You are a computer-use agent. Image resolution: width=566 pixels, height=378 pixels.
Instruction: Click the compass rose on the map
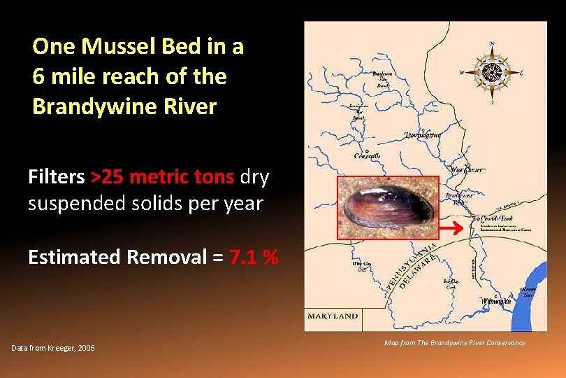coord(493,71)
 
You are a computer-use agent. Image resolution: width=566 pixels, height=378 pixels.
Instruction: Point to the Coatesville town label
coord(368,155)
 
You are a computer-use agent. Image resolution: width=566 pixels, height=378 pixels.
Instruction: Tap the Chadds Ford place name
coord(493,218)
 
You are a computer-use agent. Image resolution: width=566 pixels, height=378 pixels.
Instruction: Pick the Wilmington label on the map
coord(495,300)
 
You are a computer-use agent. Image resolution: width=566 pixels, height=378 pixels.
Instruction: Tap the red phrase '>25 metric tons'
coord(163,177)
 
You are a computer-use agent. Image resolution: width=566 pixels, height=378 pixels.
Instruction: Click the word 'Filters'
coord(57,177)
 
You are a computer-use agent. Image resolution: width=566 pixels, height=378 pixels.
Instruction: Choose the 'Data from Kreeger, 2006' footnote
coord(53,349)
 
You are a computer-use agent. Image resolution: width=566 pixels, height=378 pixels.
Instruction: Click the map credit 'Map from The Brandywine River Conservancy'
coord(455,342)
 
